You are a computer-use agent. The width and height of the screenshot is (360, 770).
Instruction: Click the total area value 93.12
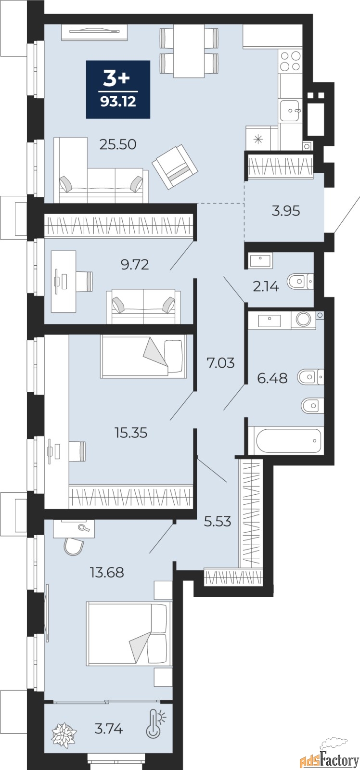coord(118,102)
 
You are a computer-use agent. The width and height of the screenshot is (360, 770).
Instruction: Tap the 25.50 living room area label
coord(118,144)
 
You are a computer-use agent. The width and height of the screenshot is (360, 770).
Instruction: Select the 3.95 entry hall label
coord(286,211)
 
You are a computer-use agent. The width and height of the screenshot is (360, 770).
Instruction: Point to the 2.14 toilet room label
coord(265,287)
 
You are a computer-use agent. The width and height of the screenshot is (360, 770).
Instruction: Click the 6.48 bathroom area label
coord(272,378)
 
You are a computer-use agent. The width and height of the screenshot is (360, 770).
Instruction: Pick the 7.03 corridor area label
coord(220,363)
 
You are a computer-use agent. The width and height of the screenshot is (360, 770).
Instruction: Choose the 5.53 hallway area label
coord(218,521)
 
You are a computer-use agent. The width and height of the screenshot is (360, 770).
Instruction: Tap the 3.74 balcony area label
coord(108,729)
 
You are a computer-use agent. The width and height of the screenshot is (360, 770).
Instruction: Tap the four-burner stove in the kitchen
coord(291,61)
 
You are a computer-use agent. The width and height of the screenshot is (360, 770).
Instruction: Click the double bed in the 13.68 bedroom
coord(129,633)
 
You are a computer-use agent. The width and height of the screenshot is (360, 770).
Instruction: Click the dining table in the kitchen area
coord(189,50)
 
